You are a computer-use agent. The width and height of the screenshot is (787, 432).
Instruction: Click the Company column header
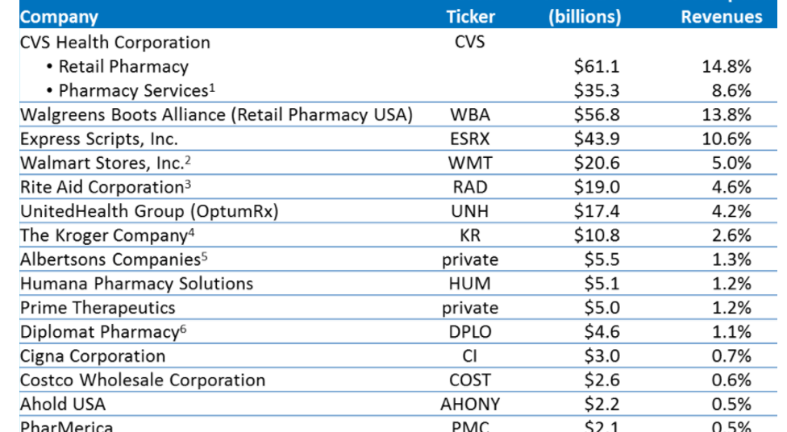pos(59,17)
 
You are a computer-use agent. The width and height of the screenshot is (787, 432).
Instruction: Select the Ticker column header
pos(470,17)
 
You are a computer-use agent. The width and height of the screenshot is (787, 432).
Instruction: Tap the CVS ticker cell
pos(470,42)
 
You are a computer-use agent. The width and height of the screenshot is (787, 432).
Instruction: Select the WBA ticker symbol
pos(470,114)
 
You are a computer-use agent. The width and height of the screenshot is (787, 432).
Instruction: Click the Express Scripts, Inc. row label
pos(99,139)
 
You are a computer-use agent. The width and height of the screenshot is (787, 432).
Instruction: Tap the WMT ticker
pos(470,163)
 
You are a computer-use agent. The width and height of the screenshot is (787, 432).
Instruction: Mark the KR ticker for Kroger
pos(470,235)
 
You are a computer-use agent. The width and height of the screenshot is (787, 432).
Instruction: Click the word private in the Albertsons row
pos(470,260)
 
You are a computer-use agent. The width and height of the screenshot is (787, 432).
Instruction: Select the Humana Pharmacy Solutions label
pos(136,284)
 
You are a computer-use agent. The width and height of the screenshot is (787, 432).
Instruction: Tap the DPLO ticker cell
pos(470,332)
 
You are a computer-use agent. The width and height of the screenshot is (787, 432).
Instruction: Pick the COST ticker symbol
pos(470,380)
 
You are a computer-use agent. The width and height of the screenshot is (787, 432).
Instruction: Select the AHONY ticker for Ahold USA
pos(470,405)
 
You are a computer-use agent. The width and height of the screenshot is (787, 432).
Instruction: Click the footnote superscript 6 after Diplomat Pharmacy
pos(182,328)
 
